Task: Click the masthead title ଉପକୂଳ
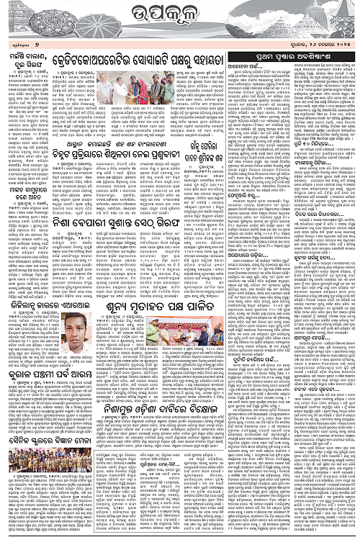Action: [179, 17]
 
